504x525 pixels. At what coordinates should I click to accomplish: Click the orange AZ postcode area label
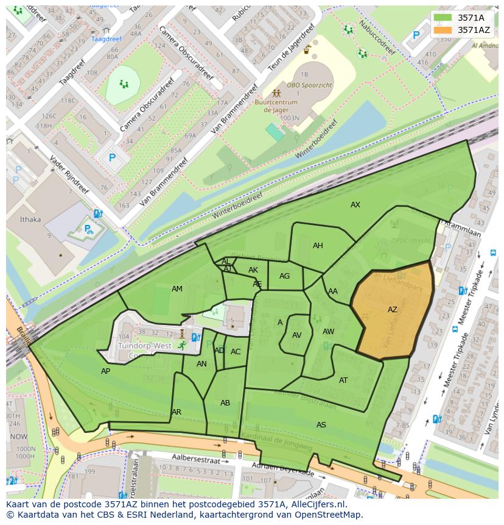393,310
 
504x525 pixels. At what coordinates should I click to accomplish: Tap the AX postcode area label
355,205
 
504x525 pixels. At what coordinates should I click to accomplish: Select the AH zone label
318,246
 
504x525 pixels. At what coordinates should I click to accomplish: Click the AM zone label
177,289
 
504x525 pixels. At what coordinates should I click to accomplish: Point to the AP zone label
106,371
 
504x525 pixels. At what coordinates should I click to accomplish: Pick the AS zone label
321,424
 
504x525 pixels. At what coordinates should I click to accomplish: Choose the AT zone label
343,380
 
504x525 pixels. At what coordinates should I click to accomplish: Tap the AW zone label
328,332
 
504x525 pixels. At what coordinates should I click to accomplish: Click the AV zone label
297,335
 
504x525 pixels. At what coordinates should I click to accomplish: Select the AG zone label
284,276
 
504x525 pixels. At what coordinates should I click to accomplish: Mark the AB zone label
225,403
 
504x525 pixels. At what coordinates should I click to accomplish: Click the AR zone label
177,412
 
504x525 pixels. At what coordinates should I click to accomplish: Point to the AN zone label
202,364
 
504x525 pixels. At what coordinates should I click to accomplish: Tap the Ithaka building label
30,220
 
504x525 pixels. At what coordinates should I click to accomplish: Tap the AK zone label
253,270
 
